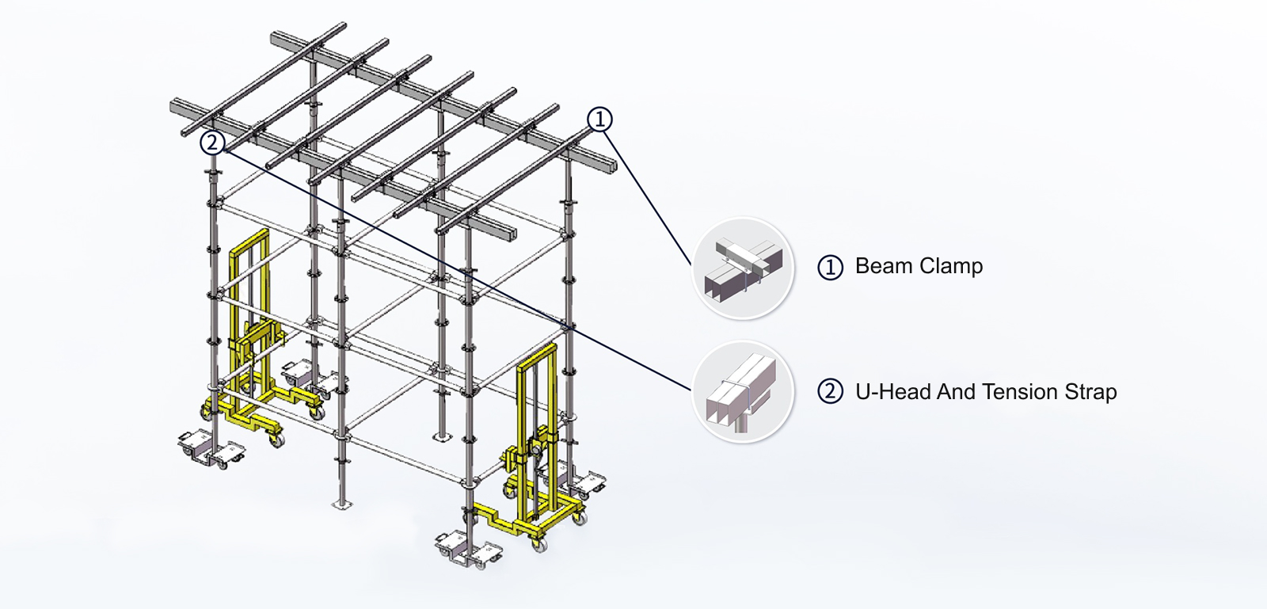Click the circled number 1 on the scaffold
(x=599, y=120)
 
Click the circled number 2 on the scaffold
(x=211, y=143)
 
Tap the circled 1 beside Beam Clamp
(x=830, y=268)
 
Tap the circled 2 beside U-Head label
(x=830, y=392)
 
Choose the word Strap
(x=1090, y=391)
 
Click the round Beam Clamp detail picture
(x=743, y=268)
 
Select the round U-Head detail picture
(x=743, y=392)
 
